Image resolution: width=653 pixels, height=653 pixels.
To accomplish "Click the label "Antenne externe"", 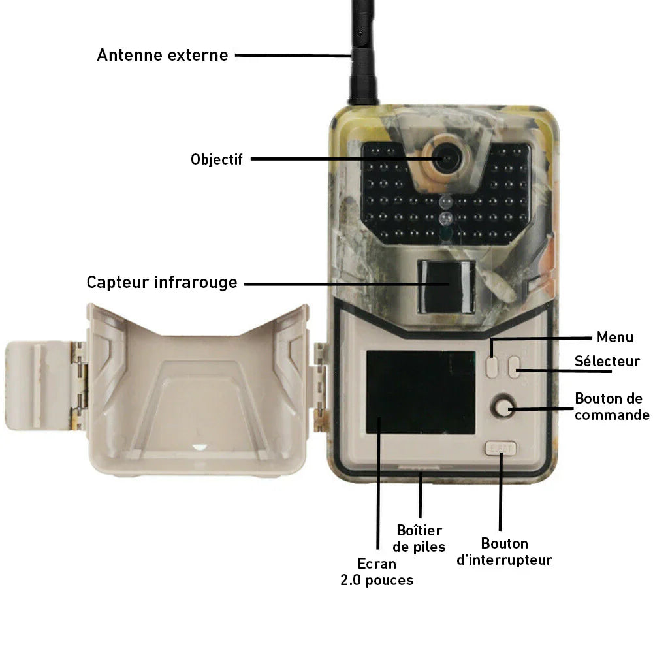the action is pyautogui.click(x=163, y=55).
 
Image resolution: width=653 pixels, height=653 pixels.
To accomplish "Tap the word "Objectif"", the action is pyautogui.click(x=217, y=159).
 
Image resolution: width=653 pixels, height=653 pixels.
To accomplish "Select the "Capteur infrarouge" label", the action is pyautogui.click(x=162, y=282).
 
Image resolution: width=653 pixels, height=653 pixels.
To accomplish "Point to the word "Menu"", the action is pyautogui.click(x=614, y=337).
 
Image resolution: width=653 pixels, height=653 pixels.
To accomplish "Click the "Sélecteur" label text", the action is pyautogui.click(x=607, y=361).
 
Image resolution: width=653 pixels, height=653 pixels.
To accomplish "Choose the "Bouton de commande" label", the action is pyautogui.click(x=612, y=406).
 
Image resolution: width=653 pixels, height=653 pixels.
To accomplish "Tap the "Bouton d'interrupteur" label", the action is pyautogui.click(x=504, y=551).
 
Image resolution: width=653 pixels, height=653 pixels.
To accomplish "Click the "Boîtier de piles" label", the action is pyautogui.click(x=419, y=538).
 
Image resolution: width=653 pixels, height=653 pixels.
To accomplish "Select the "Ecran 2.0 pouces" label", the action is pyautogui.click(x=377, y=572).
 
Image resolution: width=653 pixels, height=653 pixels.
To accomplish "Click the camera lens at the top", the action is pyautogui.click(x=446, y=158).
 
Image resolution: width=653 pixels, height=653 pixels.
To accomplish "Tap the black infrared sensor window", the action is pyautogui.click(x=447, y=287).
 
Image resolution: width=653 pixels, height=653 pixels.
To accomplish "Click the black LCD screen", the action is pyautogui.click(x=421, y=392).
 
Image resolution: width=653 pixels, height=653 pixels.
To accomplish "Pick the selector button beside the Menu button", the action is pyautogui.click(x=514, y=367).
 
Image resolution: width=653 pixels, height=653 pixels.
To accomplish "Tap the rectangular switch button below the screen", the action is pyautogui.click(x=501, y=449).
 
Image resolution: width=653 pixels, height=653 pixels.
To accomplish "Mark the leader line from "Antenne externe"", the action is pyautogui.click(x=294, y=55).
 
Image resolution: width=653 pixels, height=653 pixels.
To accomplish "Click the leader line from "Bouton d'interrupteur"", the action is pyautogui.click(x=501, y=492).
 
